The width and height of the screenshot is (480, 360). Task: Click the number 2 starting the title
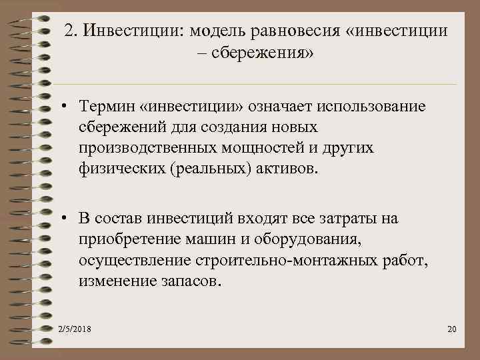pyautogui.click(x=69, y=31)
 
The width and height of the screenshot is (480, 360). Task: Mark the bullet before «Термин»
pyautogui.click(x=62, y=107)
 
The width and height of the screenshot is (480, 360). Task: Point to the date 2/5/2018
pyautogui.click(x=75, y=330)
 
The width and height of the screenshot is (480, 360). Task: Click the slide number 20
pyautogui.click(x=451, y=330)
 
